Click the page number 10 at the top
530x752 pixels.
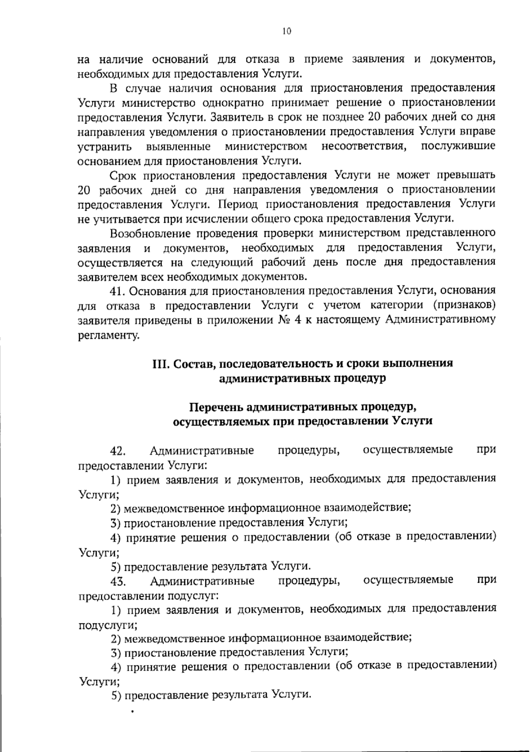[x=286, y=31]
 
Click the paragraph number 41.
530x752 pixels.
[x=118, y=291]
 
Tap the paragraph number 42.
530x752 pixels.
[x=118, y=451]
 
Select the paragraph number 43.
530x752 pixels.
[x=118, y=581]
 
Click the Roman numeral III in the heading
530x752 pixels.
[x=161, y=363]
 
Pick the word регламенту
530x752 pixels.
[x=106, y=335]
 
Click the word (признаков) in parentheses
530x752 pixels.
[x=464, y=306]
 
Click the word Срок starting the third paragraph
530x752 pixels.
[x=124, y=175]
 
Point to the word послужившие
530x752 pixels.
[x=458, y=146]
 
